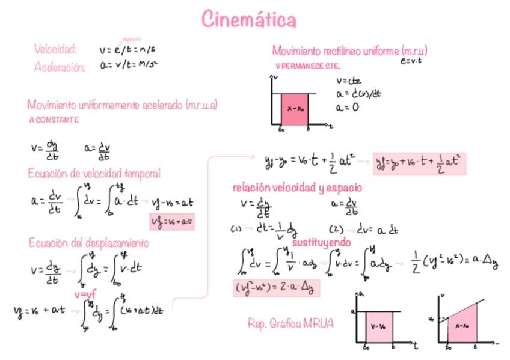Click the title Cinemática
coord(249,20)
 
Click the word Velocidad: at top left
coord(55,49)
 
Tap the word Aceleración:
coord(60,67)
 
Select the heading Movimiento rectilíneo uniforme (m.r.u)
coord(349,50)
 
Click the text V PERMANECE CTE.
coord(307,66)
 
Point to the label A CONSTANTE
coord(54,120)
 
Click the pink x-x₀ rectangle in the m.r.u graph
coord(295,109)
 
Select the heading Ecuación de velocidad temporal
coord(94,174)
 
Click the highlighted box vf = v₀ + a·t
coord(172,222)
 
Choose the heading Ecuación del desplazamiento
coord(89,243)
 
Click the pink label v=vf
coord(85,294)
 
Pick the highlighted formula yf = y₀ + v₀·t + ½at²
coord(419,163)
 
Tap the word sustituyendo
coord(322,242)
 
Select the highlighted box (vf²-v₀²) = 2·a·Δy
coord(277,288)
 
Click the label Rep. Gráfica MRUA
coord(290,323)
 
